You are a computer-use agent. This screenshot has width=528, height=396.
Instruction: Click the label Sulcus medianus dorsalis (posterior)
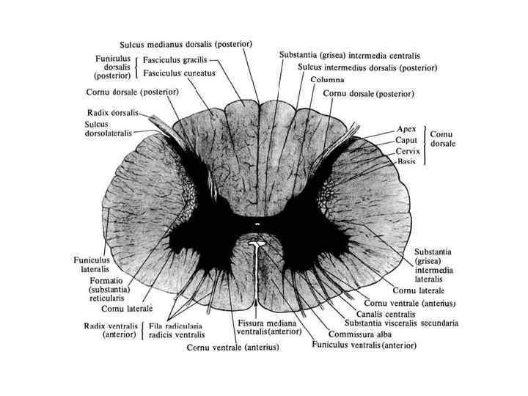click(186, 44)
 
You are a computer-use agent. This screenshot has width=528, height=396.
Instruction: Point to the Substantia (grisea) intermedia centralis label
click(350, 55)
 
